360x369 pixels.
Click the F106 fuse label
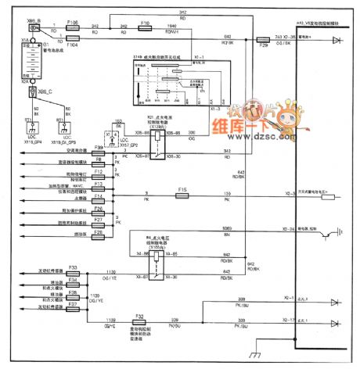coord(70,23)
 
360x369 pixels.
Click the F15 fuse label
coord(181,188)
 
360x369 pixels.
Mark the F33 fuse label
coord(72,267)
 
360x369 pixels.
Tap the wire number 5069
coord(228,229)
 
